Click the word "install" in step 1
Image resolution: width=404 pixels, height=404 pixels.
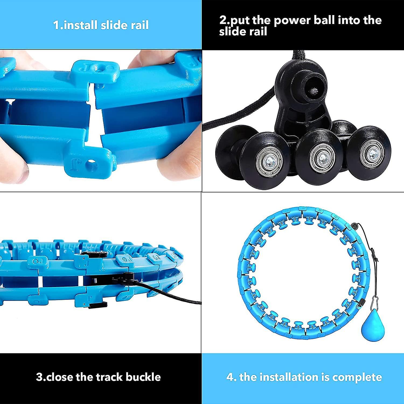coord(80,25)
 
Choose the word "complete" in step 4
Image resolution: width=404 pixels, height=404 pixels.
coord(357,377)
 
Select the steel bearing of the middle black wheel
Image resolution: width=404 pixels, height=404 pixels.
coord(322,156)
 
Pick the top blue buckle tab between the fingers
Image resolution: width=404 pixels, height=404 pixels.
coord(96,70)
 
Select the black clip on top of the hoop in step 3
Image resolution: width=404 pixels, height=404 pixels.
coord(94,254)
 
